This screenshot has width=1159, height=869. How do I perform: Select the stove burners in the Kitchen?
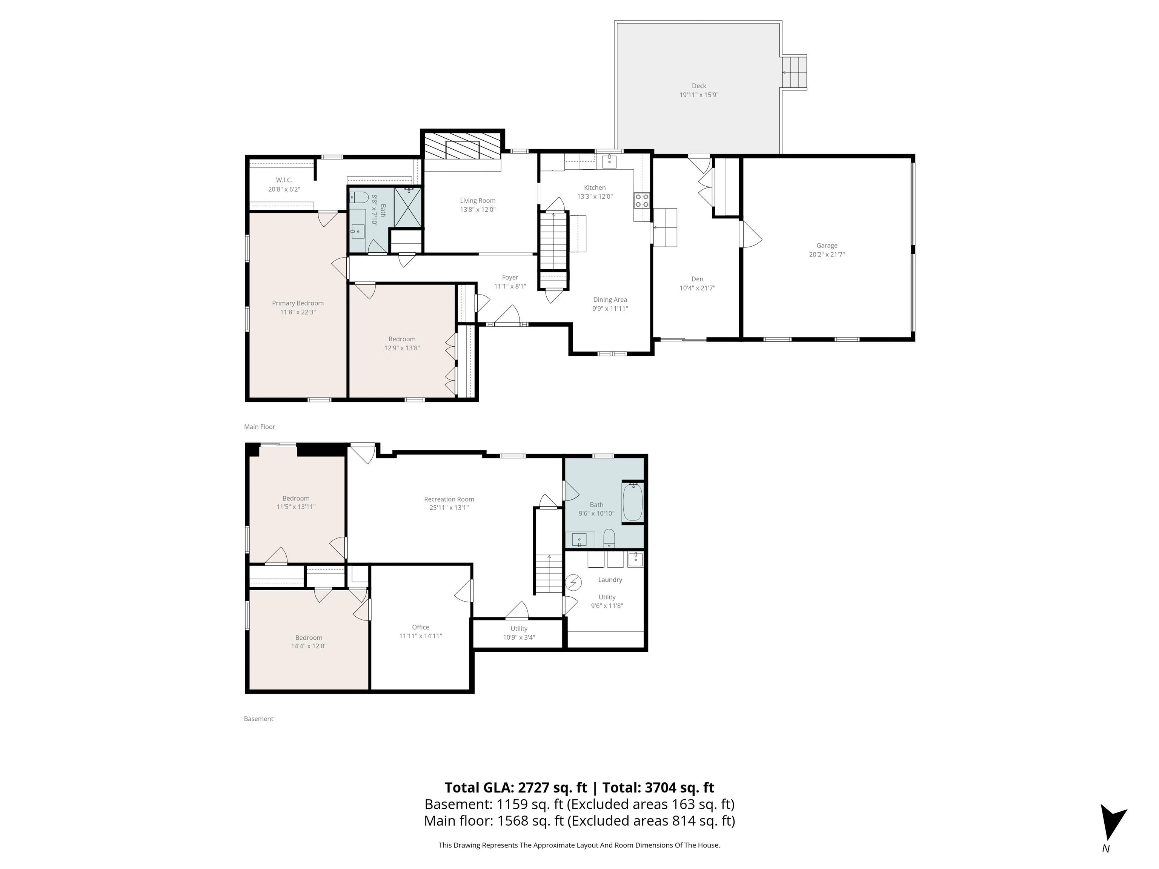(642, 200)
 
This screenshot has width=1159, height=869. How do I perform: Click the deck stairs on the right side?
(794, 72)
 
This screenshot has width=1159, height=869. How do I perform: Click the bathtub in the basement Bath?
(632, 502)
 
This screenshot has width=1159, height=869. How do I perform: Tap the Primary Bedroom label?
(298, 303)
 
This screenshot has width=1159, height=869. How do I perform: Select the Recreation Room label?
(449, 499)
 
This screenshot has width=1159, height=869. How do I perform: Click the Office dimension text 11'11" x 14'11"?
(420, 636)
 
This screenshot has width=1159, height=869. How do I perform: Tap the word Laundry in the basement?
(610, 580)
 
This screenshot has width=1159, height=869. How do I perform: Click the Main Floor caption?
(259, 427)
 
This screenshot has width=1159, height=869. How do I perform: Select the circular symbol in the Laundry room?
(574, 582)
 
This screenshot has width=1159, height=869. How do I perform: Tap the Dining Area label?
(610, 299)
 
